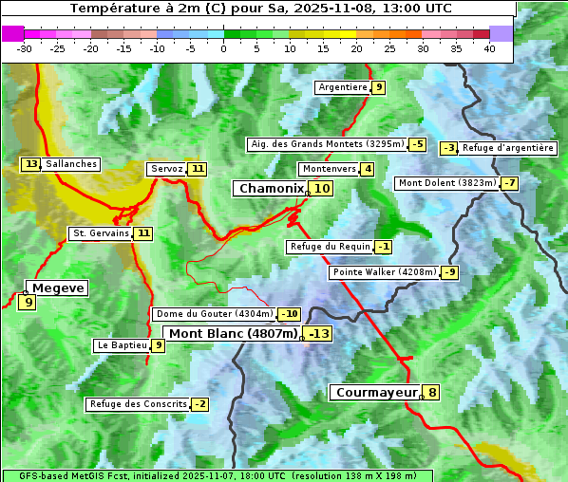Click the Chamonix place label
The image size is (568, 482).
pos(271,189)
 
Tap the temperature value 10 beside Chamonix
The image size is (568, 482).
pos(323,189)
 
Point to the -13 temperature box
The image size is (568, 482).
pos(318,334)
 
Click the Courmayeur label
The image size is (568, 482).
pos(376,392)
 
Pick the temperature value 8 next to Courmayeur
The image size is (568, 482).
pos(432,392)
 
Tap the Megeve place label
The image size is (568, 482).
pos(58,287)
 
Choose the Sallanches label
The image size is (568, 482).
pos(71,164)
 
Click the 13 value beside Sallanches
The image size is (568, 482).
pos(31,164)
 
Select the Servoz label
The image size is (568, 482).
pos(166,169)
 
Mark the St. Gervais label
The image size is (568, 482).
pos(100,232)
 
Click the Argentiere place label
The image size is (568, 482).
pos(343,87)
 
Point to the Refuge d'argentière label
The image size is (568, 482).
pos(508,148)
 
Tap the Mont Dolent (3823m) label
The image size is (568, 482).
pos(447,183)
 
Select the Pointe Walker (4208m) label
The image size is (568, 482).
pos(385,272)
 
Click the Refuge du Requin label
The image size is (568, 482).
pos(330,247)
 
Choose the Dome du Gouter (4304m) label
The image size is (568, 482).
pos(214,314)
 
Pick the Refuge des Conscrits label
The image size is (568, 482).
pos(138,404)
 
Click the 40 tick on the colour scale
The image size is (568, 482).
pos(489,48)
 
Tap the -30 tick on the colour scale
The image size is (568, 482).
pos(25,48)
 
